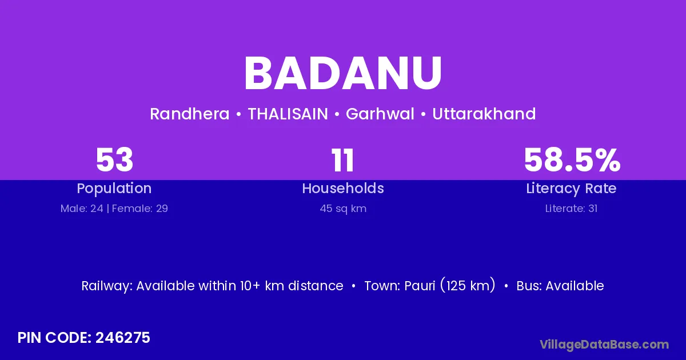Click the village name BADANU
(x=343, y=73)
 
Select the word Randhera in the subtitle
(x=190, y=114)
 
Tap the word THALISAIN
(x=288, y=114)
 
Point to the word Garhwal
(x=380, y=114)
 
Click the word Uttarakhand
(x=484, y=114)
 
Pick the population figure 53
(x=114, y=160)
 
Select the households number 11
(x=342, y=160)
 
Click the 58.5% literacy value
(x=572, y=160)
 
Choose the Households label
(x=343, y=188)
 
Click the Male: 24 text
(x=82, y=209)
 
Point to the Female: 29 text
(x=140, y=209)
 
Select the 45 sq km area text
(x=343, y=209)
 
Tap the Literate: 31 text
(x=571, y=209)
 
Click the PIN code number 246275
(x=123, y=338)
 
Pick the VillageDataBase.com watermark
(x=604, y=345)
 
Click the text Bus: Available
(x=560, y=286)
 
